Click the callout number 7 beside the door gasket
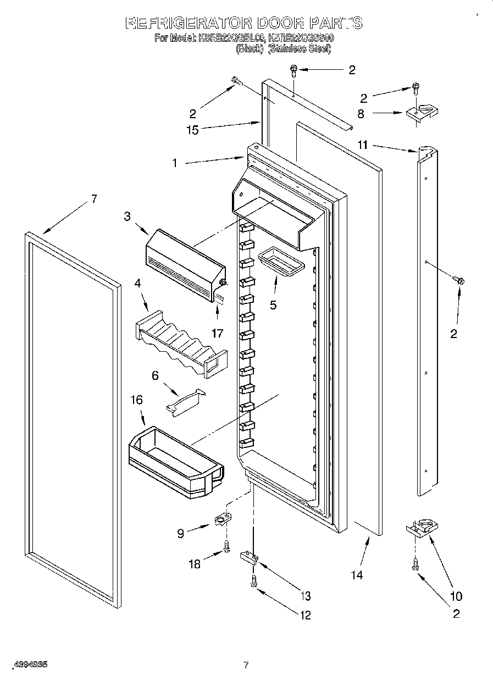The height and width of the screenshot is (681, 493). [x=93, y=199]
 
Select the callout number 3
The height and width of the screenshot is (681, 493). [x=127, y=216]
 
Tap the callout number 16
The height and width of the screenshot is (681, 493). [x=136, y=400]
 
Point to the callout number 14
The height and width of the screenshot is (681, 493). [x=357, y=575]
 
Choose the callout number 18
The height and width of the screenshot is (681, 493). [x=194, y=563]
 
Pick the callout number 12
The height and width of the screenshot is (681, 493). [x=305, y=615]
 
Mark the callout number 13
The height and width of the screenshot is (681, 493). [x=305, y=596]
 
